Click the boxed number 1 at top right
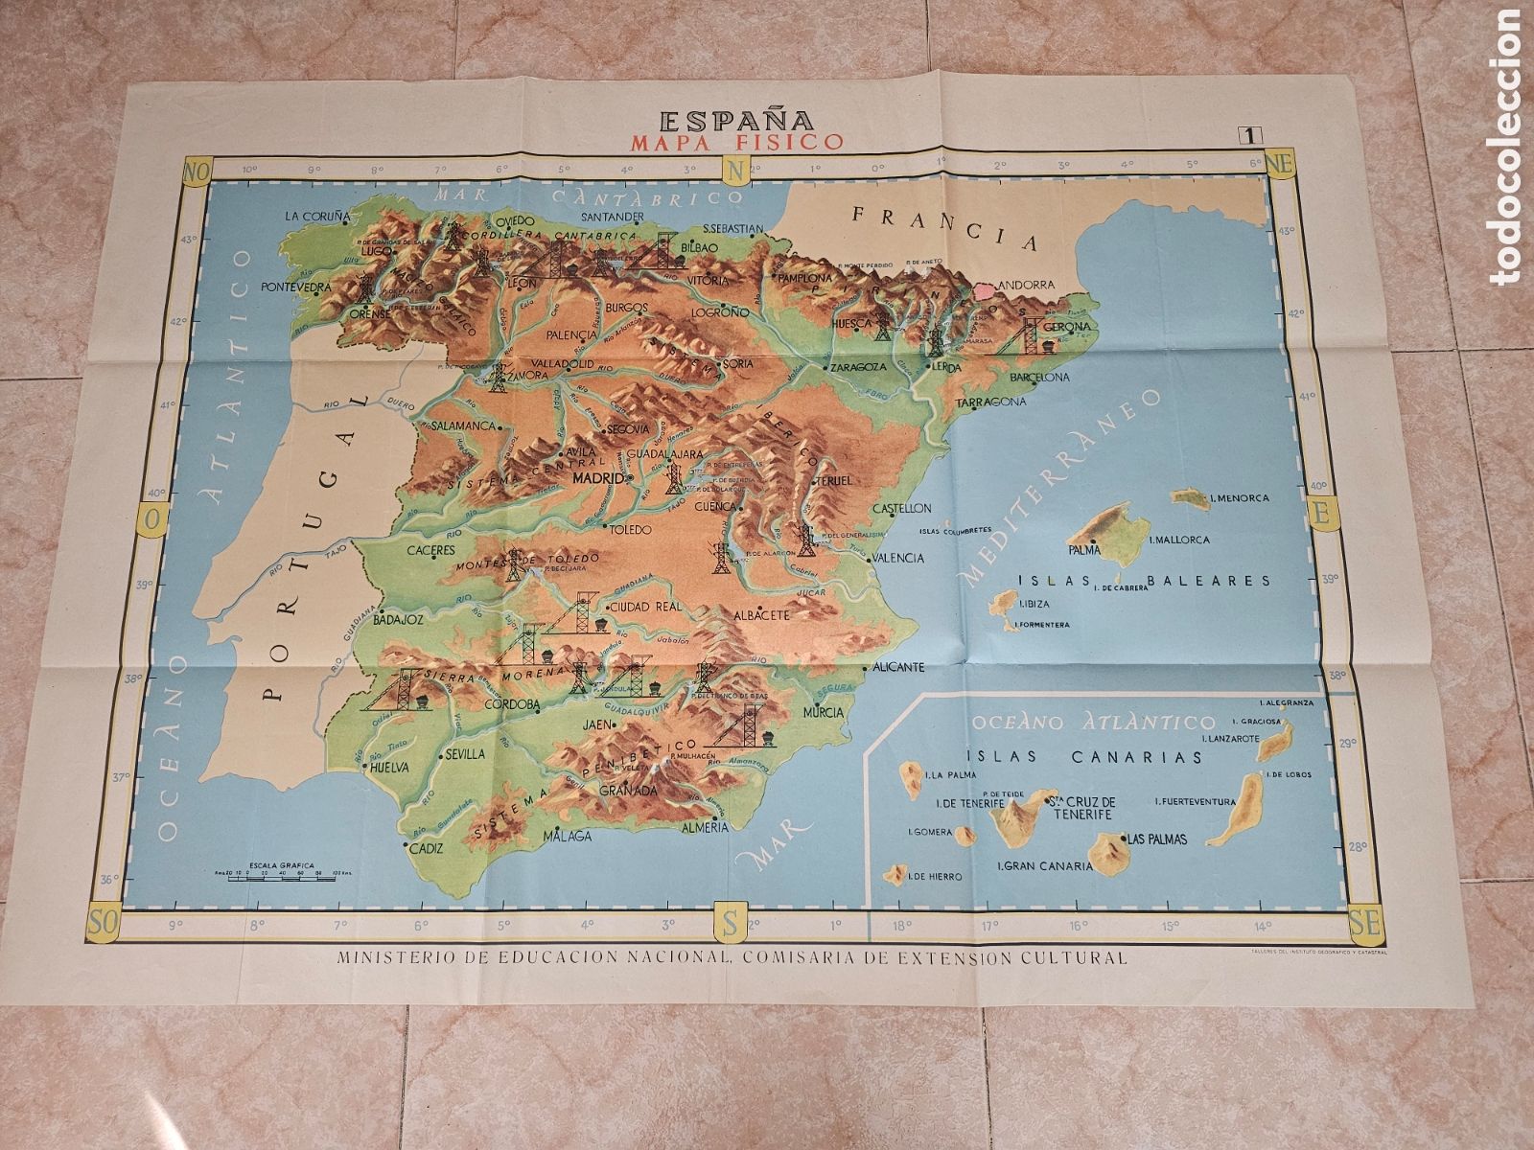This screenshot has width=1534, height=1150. point(1252,136)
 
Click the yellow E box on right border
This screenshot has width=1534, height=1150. point(1320,515)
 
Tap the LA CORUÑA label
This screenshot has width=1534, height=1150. point(314,217)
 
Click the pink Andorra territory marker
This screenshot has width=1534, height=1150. point(986,285)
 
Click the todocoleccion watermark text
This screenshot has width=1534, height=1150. point(1509,144)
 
